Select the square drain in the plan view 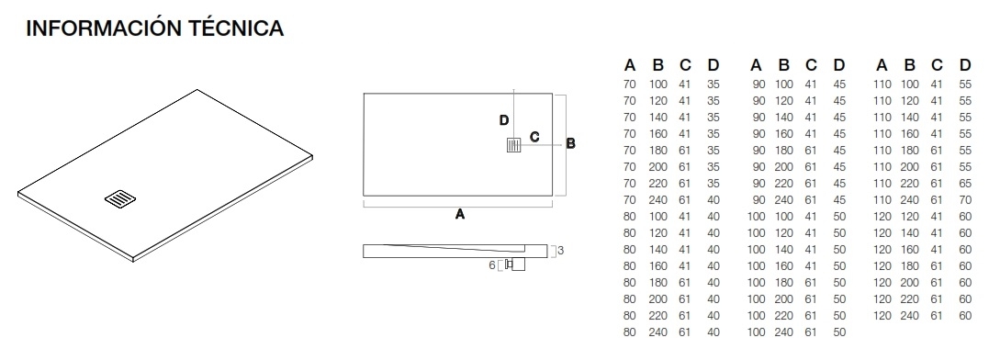pyautogui.click(x=513, y=145)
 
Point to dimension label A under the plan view pyautogui.click(x=460, y=215)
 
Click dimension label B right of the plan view pyautogui.click(x=570, y=143)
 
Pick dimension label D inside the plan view pyautogui.click(x=503, y=120)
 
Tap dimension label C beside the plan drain pyautogui.click(x=534, y=137)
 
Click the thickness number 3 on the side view pyautogui.click(x=558, y=250)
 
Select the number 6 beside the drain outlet pyautogui.click(x=491, y=265)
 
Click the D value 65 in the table pyautogui.click(x=965, y=183)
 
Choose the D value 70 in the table pyautogui.click(x=965, y=199)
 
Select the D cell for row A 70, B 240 pyautogui.click(x=713, y=199)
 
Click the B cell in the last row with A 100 pyautogui.click(x=783, y=332)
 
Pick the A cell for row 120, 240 pyautogui.click(x=882, y=315)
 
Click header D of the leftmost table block pyautogui.click(x=713, y=65)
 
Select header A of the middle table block pyautogui.click(x=756, y=65)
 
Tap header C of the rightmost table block pyautogui.click(x=937, y=65)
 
